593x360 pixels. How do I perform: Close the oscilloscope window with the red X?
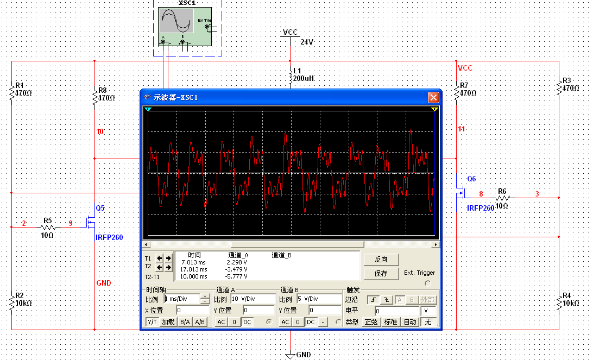click(433, 98)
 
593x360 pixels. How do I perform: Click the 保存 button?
click(381, 274)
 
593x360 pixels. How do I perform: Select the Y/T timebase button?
click(153, 322)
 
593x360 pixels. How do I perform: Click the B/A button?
click(185, 322)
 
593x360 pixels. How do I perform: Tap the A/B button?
click(200, 322)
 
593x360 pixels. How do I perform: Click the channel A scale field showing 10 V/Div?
click(253, 299)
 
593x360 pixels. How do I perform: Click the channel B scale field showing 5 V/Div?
click(318, 299)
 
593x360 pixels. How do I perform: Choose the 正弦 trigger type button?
click(371, 322)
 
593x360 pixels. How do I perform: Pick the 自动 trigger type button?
click(410, 322)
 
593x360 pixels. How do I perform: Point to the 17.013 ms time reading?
click(194, 269)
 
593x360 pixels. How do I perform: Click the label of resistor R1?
click(20, 85)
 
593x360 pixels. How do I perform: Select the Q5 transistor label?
click(100, 208)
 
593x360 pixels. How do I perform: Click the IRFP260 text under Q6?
click(481, 208)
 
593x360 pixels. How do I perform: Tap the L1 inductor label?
click(297, 71)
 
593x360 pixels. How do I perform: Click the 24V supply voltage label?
click(307, 42)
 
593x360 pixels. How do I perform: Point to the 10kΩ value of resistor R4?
click(571, 303)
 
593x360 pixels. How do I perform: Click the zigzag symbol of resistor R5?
click(48, 227)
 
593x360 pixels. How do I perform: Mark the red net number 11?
click(462, 129)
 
